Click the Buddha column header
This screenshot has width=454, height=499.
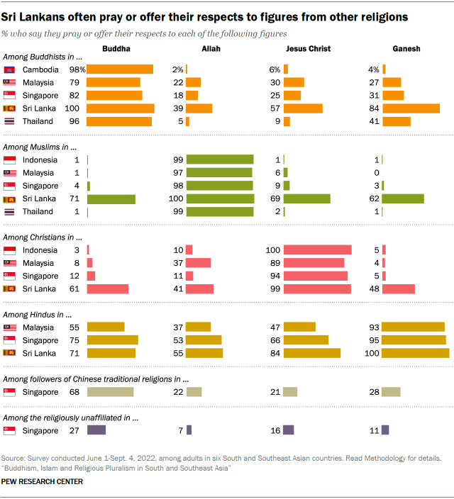(x=116, y=49)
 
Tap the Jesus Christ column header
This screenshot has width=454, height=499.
(x=308, y=49)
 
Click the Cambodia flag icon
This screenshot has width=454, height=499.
(x=10, y=69)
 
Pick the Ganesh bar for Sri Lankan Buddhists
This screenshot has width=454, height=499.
(x=411, y=108)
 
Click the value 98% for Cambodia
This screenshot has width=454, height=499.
(x=77, y=69)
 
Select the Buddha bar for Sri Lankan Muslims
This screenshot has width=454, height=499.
(x=111, y=198)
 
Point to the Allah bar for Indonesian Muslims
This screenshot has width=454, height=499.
(x=220, y=159)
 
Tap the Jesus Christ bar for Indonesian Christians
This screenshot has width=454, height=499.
(x=318, y=250)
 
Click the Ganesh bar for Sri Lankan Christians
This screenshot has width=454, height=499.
(x=398, y=288)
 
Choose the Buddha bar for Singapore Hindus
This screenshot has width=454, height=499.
(x=112, y=340)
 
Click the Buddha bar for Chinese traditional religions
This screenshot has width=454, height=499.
(x=110, y=391)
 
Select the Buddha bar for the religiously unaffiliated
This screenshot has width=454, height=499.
(x=96, y=430)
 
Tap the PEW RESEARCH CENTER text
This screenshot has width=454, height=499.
(x=43, y=482)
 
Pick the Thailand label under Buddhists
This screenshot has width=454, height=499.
(x=38, y=121)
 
